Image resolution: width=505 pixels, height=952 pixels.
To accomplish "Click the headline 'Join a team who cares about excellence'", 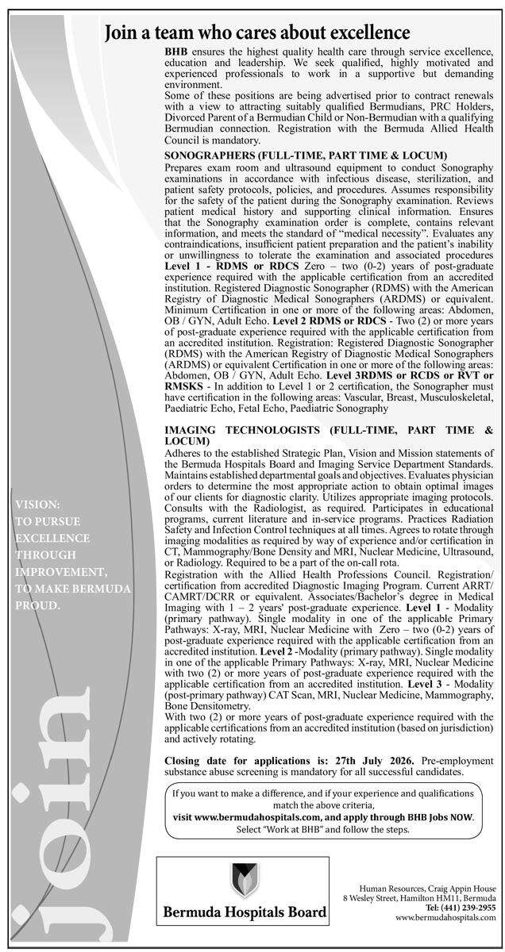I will click(x=257, y=33).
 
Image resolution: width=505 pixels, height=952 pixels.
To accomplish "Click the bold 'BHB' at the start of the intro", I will click(x=175, y=51).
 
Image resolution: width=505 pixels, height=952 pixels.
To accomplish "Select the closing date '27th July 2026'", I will click(x=375, y=760).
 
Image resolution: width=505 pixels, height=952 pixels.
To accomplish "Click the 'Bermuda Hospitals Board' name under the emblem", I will click(x=244, y=913).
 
